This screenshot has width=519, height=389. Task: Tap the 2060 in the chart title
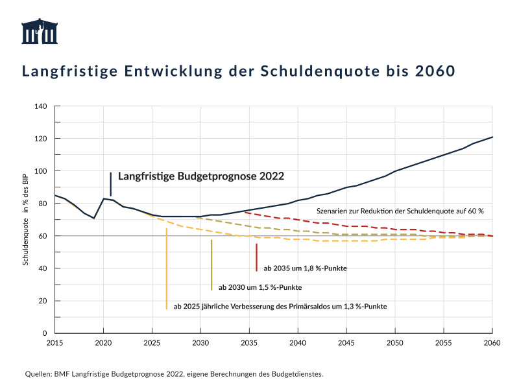tap(432, 70)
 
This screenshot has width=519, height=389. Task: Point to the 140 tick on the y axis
tap(40, 106)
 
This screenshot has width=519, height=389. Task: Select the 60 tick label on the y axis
tap(43, 236)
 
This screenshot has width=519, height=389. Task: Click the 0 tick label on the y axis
tap(45, 333)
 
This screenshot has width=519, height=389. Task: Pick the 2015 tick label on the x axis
tap(54, 342)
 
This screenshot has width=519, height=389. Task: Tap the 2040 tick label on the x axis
tap(298, 342)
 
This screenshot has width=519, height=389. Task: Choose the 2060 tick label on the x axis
tap(492, 342)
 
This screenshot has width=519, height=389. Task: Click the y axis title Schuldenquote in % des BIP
tap(27, 220)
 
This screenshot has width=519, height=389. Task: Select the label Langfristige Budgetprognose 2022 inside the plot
tap(202, 176)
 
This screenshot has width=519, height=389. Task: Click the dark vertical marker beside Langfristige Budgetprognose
tap(111, 184)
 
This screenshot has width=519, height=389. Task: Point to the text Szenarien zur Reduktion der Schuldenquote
tap(400, 211)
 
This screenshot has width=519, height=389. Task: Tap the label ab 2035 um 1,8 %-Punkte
tap(305, 268)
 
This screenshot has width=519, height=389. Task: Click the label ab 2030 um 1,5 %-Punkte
tap(260, 287)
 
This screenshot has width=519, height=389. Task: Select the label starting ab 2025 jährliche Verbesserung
tap(280, 306)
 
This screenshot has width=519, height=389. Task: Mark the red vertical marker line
tap(257, 257)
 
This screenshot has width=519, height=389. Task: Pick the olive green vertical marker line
tap(211, 265)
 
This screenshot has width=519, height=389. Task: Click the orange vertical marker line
tap(167, 268)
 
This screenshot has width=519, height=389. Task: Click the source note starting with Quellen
tap(174, 374)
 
